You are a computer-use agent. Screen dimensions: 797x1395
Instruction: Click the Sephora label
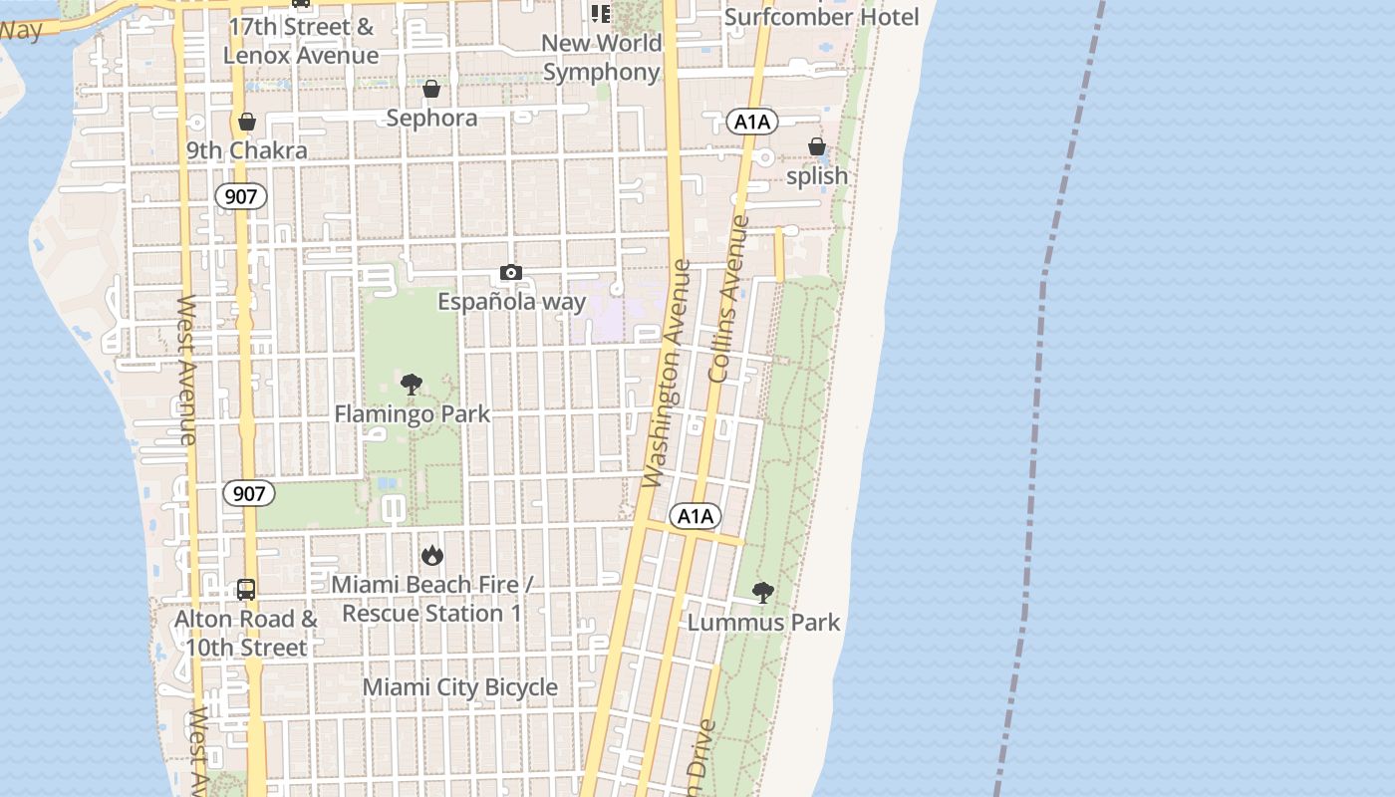431,119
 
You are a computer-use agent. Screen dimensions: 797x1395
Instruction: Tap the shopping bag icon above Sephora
431,90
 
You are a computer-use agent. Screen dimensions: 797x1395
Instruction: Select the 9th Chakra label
247,151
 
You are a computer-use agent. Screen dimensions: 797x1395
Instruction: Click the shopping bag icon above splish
817,147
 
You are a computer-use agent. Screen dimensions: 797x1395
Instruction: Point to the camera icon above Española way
510,273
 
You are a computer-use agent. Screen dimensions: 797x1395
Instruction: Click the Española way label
512,301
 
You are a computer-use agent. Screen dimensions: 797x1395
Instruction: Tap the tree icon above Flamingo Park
411,385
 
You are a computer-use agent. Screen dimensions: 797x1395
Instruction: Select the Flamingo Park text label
413,413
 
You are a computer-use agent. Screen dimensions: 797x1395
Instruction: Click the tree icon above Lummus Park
763,593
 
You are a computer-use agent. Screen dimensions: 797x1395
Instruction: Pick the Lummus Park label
764,623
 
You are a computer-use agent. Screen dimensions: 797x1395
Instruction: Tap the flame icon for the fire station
431,555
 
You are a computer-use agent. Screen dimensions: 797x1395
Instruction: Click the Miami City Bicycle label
460,687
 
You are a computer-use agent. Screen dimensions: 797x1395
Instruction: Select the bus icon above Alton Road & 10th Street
246,589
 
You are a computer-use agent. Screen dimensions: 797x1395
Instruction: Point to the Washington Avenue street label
667,374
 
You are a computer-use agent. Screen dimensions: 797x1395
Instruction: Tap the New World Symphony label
602,57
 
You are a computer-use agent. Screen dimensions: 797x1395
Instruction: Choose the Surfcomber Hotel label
822,17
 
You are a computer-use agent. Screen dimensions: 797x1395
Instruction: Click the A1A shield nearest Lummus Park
695,516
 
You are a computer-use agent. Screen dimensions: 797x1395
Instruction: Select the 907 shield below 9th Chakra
241,196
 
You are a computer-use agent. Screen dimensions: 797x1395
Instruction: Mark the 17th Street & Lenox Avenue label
301,41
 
